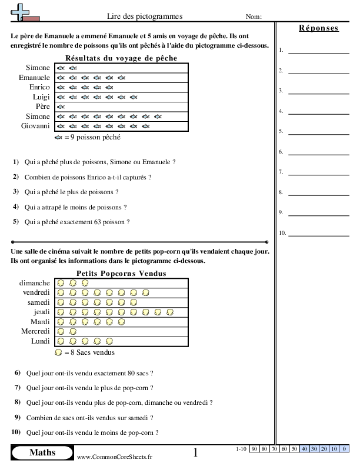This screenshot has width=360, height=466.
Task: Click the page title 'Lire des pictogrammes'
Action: [144, 16]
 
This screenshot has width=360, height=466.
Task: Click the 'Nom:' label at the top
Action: [254, 16]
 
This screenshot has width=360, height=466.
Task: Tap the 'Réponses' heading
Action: [318, 28]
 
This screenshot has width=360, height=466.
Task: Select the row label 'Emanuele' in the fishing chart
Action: [34, 78]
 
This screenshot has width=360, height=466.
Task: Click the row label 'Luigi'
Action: [41, 97]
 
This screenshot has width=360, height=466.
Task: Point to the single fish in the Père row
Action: [60, 107]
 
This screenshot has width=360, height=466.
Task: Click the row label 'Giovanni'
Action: [36, 126]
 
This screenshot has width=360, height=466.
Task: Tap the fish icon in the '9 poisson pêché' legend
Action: [58, 137]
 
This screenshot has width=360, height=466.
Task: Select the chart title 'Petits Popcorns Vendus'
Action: [121, 274]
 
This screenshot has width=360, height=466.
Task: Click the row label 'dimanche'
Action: [35, 283]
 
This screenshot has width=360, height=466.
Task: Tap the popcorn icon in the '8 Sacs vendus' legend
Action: [58, 352]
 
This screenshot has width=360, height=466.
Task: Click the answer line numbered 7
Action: [311, 173]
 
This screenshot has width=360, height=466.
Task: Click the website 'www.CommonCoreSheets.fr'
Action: [114, 457]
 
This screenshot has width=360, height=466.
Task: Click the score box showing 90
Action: [255, 450]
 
